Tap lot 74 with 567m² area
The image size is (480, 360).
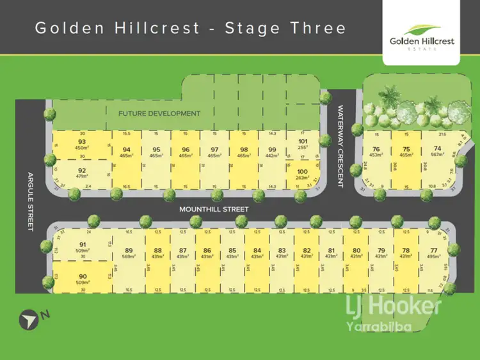[x=436, y=155]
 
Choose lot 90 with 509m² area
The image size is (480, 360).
[x=82, y=280]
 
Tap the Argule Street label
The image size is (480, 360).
[x=29, y=201]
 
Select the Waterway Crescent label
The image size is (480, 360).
[x=341, y=146]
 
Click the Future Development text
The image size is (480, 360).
[x=159, y=114]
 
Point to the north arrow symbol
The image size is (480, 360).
[x=26, y=317]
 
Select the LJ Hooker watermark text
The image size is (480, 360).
[x=394, y=306]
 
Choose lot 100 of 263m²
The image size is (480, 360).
[x=303, y=175]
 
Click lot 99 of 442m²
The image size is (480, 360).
[x=272, y=155]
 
